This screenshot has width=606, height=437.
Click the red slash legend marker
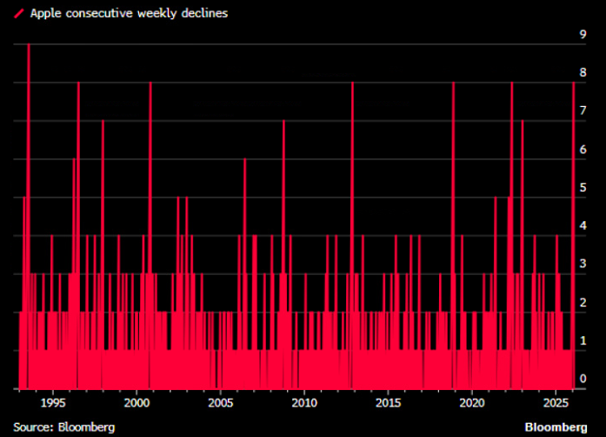tap(18, 14)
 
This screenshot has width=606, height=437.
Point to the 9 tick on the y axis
tap(584, 34)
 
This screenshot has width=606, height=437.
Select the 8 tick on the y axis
tap(584, 72)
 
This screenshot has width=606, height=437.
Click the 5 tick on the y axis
tap(584, 187)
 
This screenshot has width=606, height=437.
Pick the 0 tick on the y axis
tap(584, 379)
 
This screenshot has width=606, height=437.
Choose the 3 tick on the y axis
tap(584, 264)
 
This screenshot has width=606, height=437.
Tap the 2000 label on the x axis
tap(137, 403)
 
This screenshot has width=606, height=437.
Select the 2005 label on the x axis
tap(220, 403)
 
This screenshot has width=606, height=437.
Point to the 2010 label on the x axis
tap(304, 403)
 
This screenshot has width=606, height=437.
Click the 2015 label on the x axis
tap(388, 403)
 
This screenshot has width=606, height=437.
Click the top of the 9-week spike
tap(29, 45)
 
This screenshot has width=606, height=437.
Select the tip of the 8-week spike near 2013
tap(352, 84)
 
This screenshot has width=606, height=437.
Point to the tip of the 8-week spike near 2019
tap(453, 84)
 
